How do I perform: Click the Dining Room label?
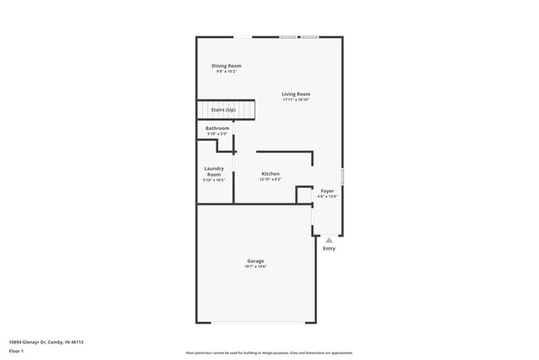pos(226,66)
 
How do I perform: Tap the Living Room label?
pos(296,94)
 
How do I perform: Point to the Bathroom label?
pos(217,128)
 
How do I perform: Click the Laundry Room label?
pos(214,171)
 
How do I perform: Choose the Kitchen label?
pos(270,173)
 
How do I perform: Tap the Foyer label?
pos(328,191)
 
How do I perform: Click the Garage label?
pos(255,260)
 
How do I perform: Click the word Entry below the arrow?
pos(329,249)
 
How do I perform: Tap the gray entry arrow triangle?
pos(329,240)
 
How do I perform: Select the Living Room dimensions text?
pos(296,100)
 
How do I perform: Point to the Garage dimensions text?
pos(255,266)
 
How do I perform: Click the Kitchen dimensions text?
pos(270,179)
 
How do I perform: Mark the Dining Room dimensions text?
pos(226,71)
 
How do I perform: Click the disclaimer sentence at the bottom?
pos(269,353)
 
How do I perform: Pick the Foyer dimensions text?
pos(328,197)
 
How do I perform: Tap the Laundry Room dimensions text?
pos(214,180)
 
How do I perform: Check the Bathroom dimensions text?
pos(217,134)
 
